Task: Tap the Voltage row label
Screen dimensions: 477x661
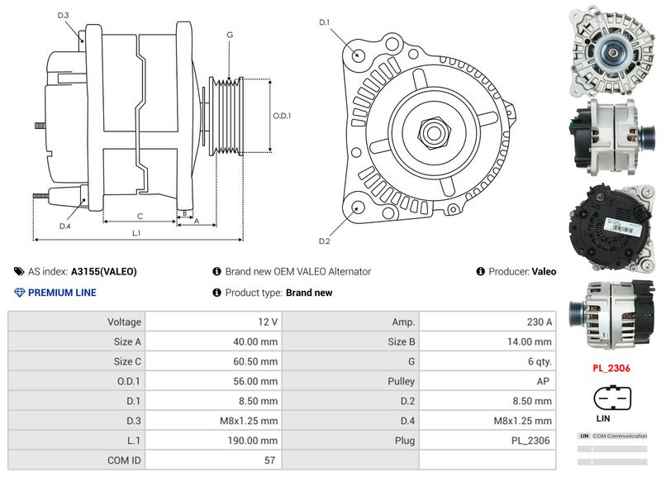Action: click(x=124, y=322)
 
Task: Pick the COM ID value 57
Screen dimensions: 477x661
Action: click(x=270, y=460)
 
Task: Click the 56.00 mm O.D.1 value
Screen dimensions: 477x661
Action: click(x=257, y=381)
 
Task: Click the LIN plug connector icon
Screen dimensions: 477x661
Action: click(x=612, y=398)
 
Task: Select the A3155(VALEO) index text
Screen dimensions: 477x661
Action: click(x=103, y=271)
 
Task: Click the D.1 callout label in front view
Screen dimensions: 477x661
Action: click(x=325, y=21)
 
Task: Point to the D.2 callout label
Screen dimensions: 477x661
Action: click(x=325, y=241)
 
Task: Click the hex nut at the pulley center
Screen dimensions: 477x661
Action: click(x=433, y=132)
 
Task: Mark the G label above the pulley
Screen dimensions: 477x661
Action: click(x=229, y=35)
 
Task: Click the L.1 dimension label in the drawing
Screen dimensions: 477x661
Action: click(x=137, y=234)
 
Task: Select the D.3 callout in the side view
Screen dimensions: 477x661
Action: click(x=64, y=16)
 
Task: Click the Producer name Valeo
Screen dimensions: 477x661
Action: click(x=544, y=271)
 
